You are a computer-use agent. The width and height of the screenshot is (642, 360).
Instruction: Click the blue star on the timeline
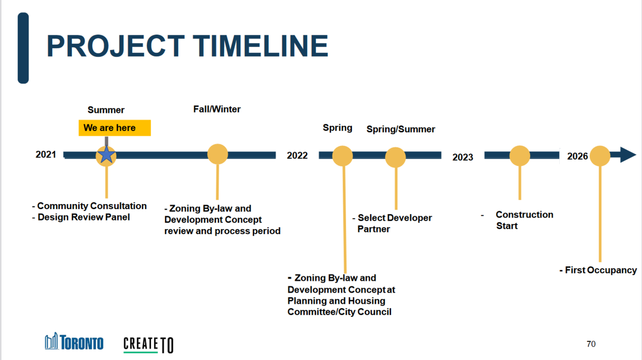click(x=106, y=154)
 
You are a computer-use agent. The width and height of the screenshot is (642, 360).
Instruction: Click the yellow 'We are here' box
click(x=115, y=128)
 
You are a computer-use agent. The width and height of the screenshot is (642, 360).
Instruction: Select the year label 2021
click(x=46, y=154)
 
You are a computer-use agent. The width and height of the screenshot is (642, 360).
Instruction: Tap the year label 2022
click(x=297, y=155)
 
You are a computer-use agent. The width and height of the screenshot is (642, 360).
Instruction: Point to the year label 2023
click(x=462, y=157)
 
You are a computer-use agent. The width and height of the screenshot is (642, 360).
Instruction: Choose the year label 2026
click(x=577, y=156)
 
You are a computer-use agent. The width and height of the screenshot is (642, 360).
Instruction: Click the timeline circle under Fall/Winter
click(x=218, y=154)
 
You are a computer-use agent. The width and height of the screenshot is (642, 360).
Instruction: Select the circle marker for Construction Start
click(x=520, y=155)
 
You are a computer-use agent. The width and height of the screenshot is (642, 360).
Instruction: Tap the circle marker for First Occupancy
click(x=600, y=156)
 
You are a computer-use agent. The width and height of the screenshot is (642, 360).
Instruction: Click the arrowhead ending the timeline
click(x=627, y=155)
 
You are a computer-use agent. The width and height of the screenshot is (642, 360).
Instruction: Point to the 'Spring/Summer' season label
click(x=401, y=129)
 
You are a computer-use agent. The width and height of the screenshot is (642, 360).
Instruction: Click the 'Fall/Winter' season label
click(x=217, y=109)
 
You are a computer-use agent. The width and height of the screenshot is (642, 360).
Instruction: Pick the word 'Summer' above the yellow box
click(x=106, y=110)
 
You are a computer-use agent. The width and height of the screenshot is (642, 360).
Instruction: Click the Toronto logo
click(x=74, y=341)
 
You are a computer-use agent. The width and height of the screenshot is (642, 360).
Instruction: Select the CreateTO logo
click(x=148, y=344)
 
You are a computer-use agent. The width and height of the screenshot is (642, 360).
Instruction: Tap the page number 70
click(x=591, y=344)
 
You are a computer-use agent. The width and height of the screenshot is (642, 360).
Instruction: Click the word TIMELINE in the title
click(x=260, y=46)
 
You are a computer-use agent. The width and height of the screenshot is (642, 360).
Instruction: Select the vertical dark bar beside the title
click(x=23, y=48)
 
